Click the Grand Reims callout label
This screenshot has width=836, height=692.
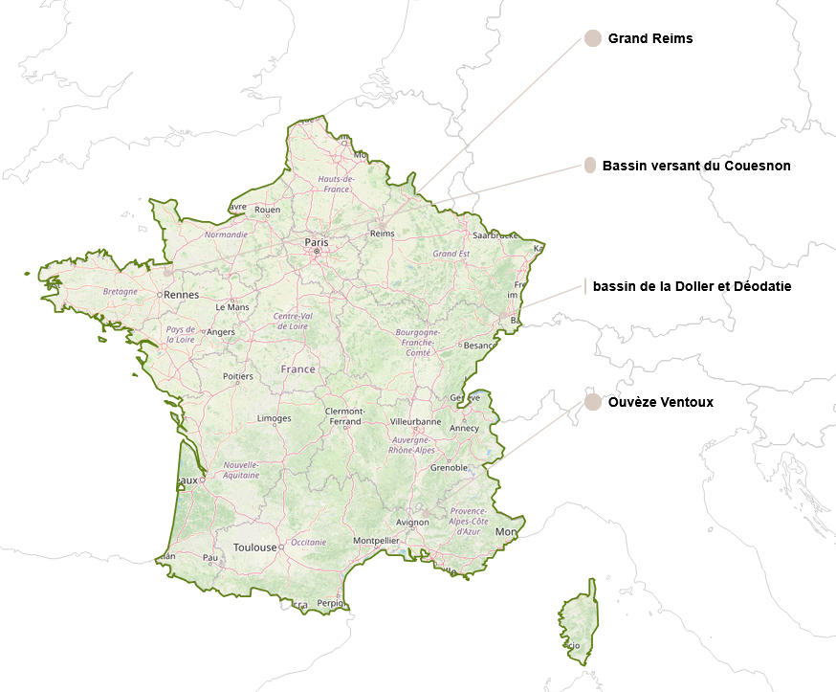coord(649,39)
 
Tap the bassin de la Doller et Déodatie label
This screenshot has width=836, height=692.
coord(692,286)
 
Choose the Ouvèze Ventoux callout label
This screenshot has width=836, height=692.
coord(660,402)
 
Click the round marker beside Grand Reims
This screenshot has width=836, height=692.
coord(592,39)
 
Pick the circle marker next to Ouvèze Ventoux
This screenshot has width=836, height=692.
coord(592,402)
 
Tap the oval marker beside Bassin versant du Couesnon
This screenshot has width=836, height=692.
coord(590,166)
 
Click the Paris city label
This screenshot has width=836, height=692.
coord(316,242)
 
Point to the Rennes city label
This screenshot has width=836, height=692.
coord(181,295)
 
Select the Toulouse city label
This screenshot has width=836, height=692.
coord(254,547)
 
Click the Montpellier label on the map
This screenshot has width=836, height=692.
coord(376,541)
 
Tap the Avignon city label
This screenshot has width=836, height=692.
coord(412,523)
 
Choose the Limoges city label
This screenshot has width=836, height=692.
coord(274,418)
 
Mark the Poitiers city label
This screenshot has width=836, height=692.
coord(237,376)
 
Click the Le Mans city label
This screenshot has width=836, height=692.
coord(231,307)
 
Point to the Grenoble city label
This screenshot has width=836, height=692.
coord(449,468)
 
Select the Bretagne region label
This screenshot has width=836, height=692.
coord(121,291)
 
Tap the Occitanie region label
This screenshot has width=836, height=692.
coord(308,542)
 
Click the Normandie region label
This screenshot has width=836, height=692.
coord(226,234)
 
